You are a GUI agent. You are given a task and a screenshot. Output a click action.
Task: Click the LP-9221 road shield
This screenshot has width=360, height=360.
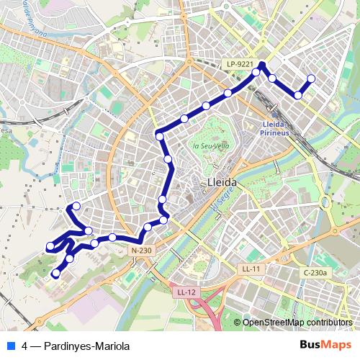click(x=240, y=63)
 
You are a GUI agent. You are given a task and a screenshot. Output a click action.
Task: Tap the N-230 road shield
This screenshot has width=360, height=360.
click(x=142, y=250)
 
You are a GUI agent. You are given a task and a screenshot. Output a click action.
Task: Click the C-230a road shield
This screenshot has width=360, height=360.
click(x=315, y=273)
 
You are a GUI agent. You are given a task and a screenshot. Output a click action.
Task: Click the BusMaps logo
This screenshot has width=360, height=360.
click(x=325, y=344)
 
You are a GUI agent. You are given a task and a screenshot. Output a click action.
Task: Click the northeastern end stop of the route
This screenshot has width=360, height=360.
click(x=311, y=78)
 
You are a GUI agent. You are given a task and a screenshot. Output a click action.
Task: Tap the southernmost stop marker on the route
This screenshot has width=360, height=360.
click(x=56, y=273)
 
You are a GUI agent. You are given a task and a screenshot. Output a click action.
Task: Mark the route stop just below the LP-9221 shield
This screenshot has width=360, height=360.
click(x=256, y=72)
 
